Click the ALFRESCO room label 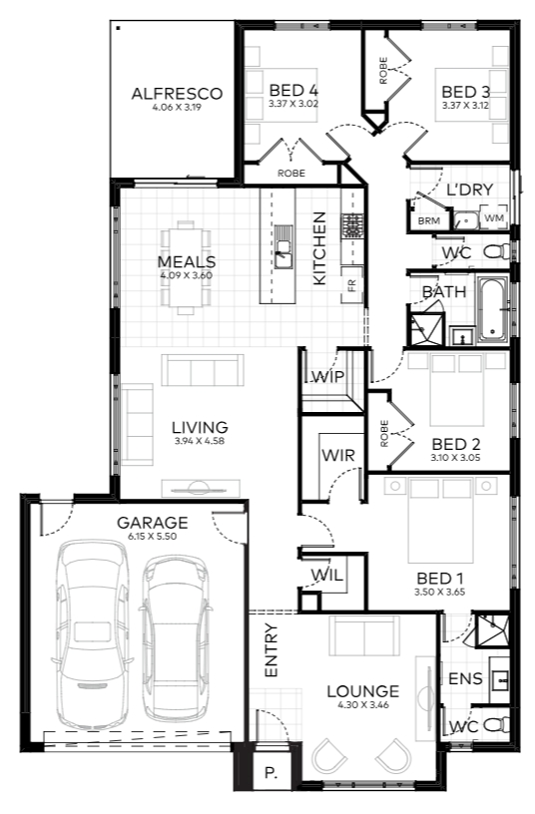click(177, 94)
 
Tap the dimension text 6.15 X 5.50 click(152, 537)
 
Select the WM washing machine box click(494, 218)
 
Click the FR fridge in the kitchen click(351, 284)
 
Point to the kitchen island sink click(283, 253)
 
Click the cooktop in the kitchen click(352, 225)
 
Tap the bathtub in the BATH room click(492, 310)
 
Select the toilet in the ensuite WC click(496, 724)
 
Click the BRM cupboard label click(429, 220)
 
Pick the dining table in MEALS click(186, 267)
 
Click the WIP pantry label click(327, 376)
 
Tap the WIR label click(338, 455)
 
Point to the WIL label click(326, 575)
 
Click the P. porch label click(270, 773)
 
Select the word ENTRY click(271, 650)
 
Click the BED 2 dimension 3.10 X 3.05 click(455, 458)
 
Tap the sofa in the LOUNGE click(364, 635)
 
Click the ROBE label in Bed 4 click(291, 174)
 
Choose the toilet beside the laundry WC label click(497, 251)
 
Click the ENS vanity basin click(500, 678)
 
